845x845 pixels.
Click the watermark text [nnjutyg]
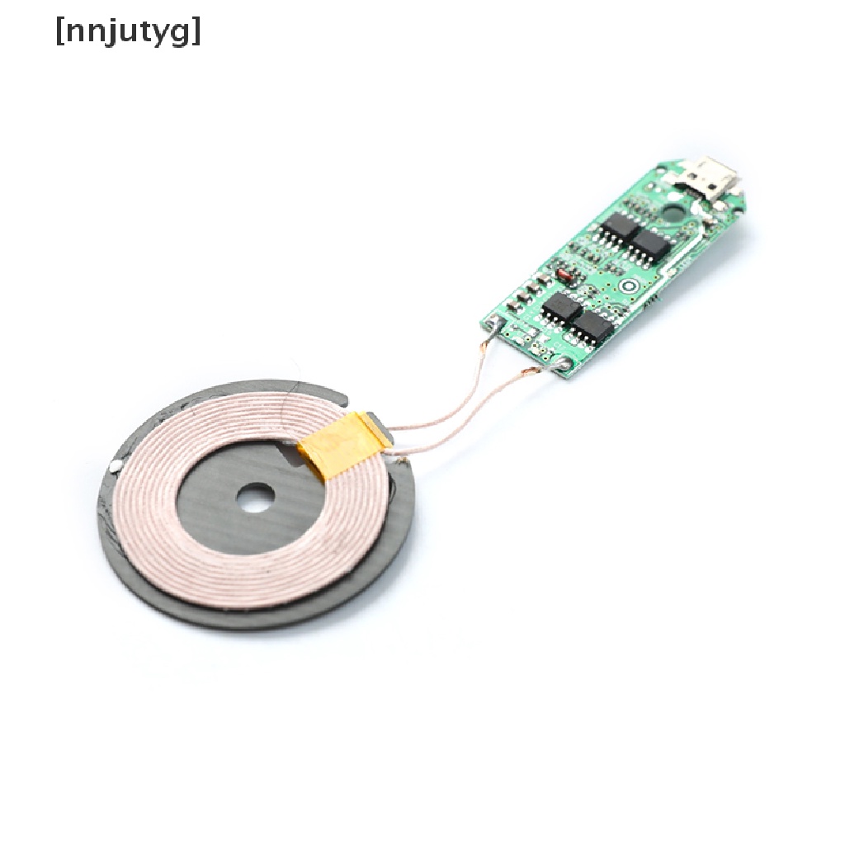pyautogui.click(x=128, y=33)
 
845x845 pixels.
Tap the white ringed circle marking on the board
pyautogui.click(x=628, y=286)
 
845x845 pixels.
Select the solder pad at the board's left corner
pyautogui.click(x=493, y=324)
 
